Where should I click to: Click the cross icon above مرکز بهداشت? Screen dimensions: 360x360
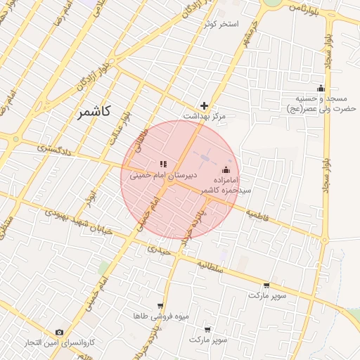pyautogui.click(x=205, y=105)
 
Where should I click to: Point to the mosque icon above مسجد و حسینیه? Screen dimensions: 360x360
pyautogui.click(x=321, y=89)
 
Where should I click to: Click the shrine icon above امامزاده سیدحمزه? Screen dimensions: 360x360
pyautogui.click(x=226, y=169)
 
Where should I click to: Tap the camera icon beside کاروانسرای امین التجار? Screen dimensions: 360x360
pyautogui.click(x=59, y=332)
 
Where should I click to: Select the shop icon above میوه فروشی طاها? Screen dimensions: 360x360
pyautogui.click(x=160, y=306)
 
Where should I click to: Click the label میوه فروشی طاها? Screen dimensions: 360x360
pyautogui.click(x=162, y=316)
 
